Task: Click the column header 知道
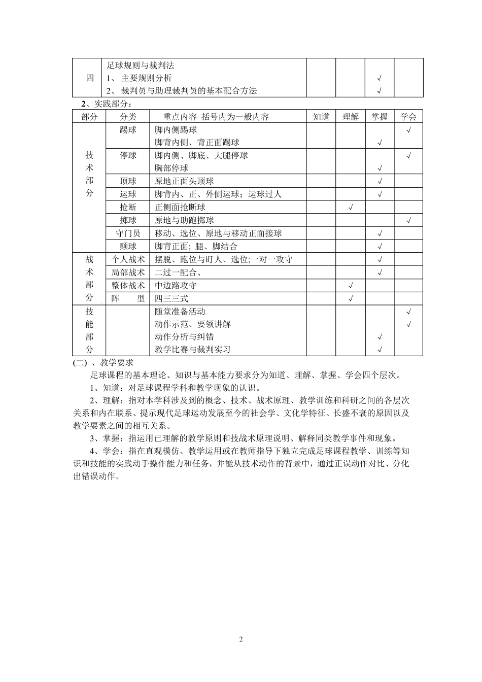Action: (x=321, y=117)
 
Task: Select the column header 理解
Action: (x=350, y=117)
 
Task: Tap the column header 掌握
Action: (x=380, y=117)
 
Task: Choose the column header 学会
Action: (x=408, y=117)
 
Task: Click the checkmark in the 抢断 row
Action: (x=351, y=208)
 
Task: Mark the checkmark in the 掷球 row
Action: (x=409, y=221)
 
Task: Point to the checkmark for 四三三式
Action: (x=351, y=299)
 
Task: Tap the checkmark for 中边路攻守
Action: (x=351, y=286)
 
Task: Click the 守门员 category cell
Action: (x=128, y=233)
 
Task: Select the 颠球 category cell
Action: (x=128, y=247)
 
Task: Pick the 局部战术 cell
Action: (x=128, y=272)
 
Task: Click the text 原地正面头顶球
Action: (x=184, y=181)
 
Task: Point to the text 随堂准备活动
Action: (x=180, y=312)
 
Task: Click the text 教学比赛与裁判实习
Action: (x=193, y=349)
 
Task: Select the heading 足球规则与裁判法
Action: (x=141, y=65)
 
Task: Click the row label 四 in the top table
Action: (x=90, y=78)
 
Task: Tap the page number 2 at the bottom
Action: (x=241, y=639)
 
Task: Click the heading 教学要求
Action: (x=117, y=362)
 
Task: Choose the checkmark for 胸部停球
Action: (x=380, y=168)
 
